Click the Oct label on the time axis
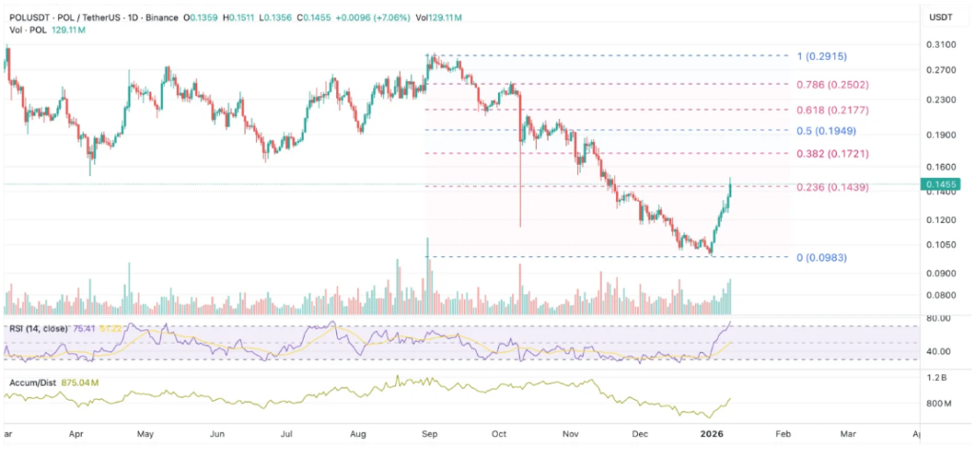[498, 433]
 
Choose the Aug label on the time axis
[358, 433]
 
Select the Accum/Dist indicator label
[30, 382]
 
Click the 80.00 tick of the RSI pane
[940, 319]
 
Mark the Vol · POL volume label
[24, 30]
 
